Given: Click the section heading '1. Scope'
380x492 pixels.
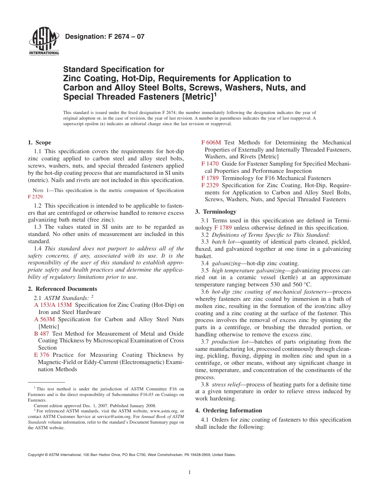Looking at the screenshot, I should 39,142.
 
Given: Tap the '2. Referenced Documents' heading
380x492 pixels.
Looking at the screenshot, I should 62,289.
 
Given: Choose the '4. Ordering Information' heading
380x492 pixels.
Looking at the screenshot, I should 228,410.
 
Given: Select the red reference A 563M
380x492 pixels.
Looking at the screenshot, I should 44,319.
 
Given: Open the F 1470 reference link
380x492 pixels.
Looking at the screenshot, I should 210,164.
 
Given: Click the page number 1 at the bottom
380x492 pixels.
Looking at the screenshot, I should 190,472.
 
